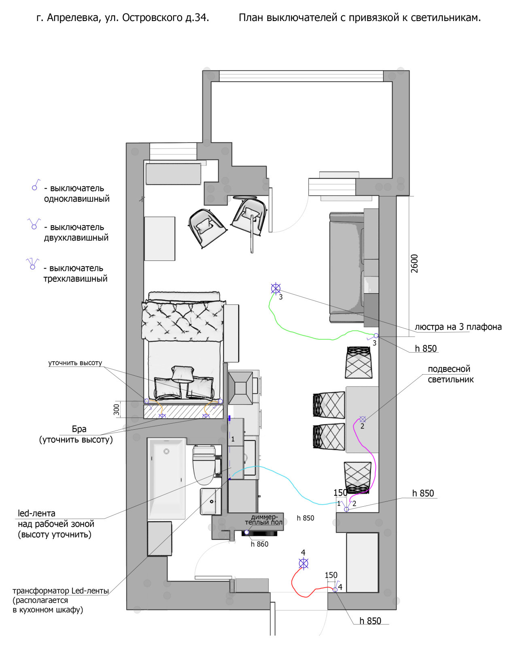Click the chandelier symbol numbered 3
[x=276, y=288]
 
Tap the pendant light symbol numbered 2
[x=363, y=419]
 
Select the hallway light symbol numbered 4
[x=304, y=563]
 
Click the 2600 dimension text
[x=414, y=263]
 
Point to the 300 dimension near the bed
[x=117, y=409]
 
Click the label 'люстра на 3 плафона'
[x=458, y=327]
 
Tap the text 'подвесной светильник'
[x=450, y=374]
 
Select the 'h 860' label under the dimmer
[x=259, y=544]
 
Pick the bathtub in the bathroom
[x=166, y=478]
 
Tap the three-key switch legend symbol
[x=32, y=264]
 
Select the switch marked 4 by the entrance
[x=335, y=589]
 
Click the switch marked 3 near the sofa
[x=376, y=336]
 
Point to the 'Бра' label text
[x=79, y=429]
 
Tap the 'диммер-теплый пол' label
[x=264, y=520]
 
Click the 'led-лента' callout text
[x=36, y=514]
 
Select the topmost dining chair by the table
[x=359, y=362]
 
